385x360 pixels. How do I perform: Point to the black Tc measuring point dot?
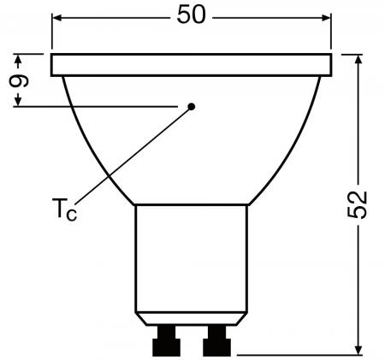(x=192, y=106)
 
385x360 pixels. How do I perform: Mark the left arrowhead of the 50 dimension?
(x=57, y=16)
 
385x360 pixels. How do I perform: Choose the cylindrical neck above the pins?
(x=191, y=257)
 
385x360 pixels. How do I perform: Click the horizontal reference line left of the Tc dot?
(x=94, y=106)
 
